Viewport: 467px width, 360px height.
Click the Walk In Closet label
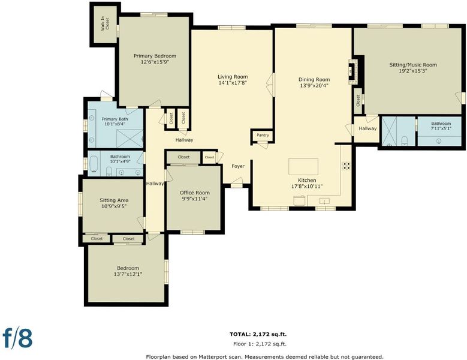point(105,24)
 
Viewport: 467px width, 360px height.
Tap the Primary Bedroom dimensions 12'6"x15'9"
point(155,62)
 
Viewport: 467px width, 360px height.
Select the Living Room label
point(233,77)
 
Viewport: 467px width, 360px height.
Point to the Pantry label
point(263,135)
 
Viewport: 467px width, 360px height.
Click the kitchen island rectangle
point(303,167)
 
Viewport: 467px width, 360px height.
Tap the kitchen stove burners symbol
point(346,166)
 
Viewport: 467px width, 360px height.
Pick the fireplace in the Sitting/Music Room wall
point(353,71)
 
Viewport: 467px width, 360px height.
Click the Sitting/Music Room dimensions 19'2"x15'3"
point(413,71)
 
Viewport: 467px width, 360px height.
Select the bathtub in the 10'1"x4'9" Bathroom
point(94,164)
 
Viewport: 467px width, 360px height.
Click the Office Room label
point(194,193)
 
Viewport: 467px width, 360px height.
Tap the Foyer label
point(238,166)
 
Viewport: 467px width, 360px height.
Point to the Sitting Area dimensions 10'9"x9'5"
point(114,206)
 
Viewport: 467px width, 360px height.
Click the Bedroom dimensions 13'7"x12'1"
point(128,274)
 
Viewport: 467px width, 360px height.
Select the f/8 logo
point(17,338)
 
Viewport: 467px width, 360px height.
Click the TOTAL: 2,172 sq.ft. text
point(258,334)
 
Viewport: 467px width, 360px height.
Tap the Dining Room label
point(314,79)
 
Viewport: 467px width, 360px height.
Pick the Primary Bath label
point(115,119)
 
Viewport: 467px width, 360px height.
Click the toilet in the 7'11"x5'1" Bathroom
point(404,140)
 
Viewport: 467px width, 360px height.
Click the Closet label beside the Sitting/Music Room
point(358,101)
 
